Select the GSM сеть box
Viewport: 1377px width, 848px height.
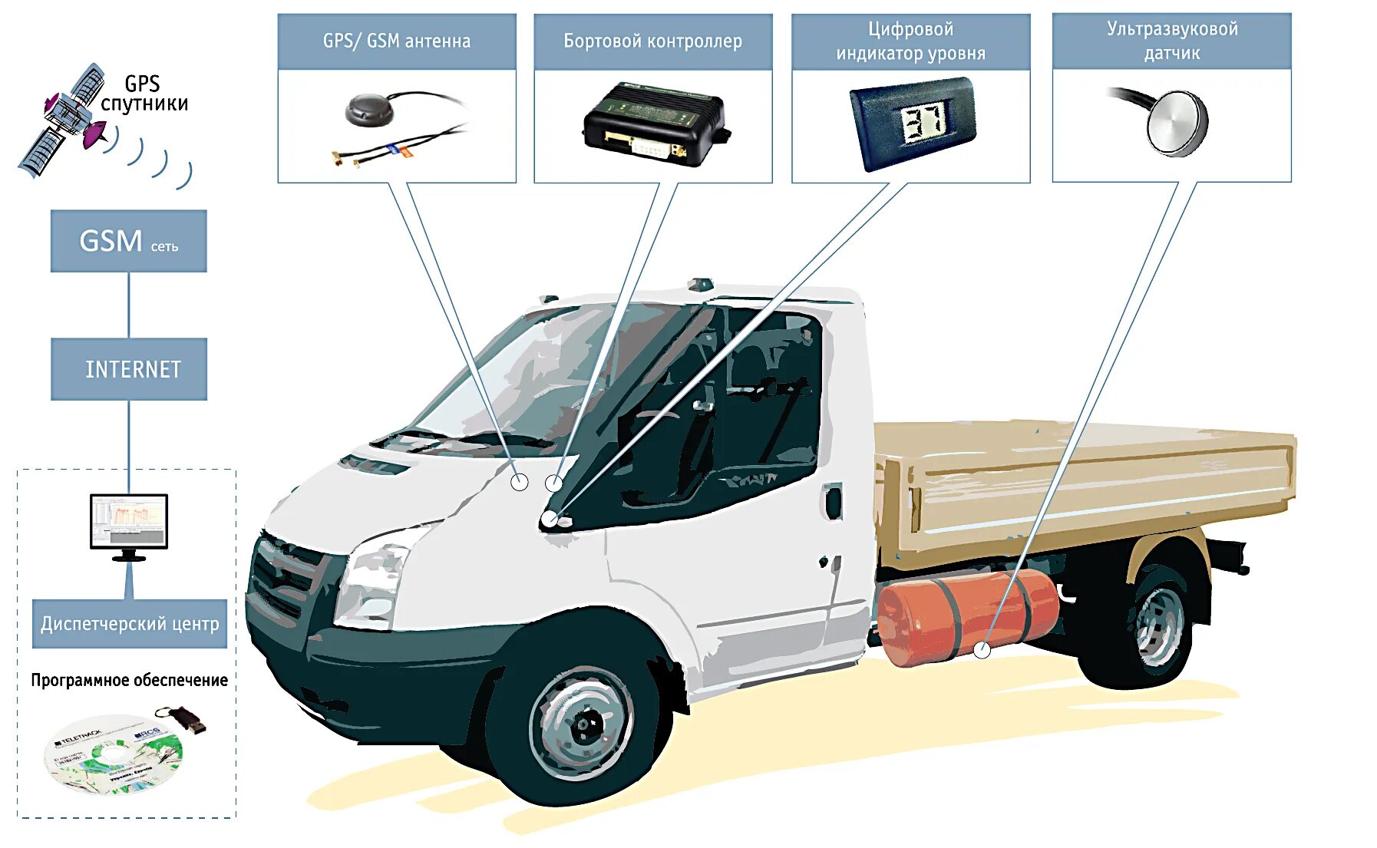tap(129, 241)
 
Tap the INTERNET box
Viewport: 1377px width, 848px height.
tap(129, 369)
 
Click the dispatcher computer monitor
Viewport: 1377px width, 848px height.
tap(129, 522)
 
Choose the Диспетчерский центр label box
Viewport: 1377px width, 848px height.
tap(130, 623)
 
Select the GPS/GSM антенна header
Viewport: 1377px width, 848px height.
tap(397, 41)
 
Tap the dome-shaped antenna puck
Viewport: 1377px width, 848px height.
tap(370, 110)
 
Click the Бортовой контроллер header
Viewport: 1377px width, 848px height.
tap(653, 41)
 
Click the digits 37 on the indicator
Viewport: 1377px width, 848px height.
tap(922, 123)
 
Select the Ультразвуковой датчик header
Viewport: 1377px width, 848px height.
tap(1172, 41)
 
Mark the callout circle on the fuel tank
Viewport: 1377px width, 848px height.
tap(982, 650)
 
